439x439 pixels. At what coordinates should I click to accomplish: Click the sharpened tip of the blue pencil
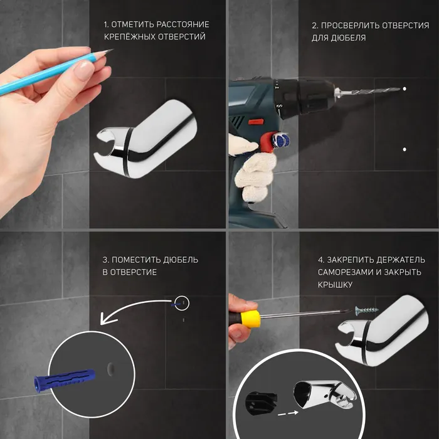coord(112,50)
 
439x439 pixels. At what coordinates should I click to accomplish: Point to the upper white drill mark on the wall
coord(405,89)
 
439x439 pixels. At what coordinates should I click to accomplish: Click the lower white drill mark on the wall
coord(405,149)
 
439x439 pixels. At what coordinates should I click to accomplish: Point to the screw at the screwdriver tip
coord(367,310)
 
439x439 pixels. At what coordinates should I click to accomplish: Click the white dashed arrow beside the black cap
coord(288,413)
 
